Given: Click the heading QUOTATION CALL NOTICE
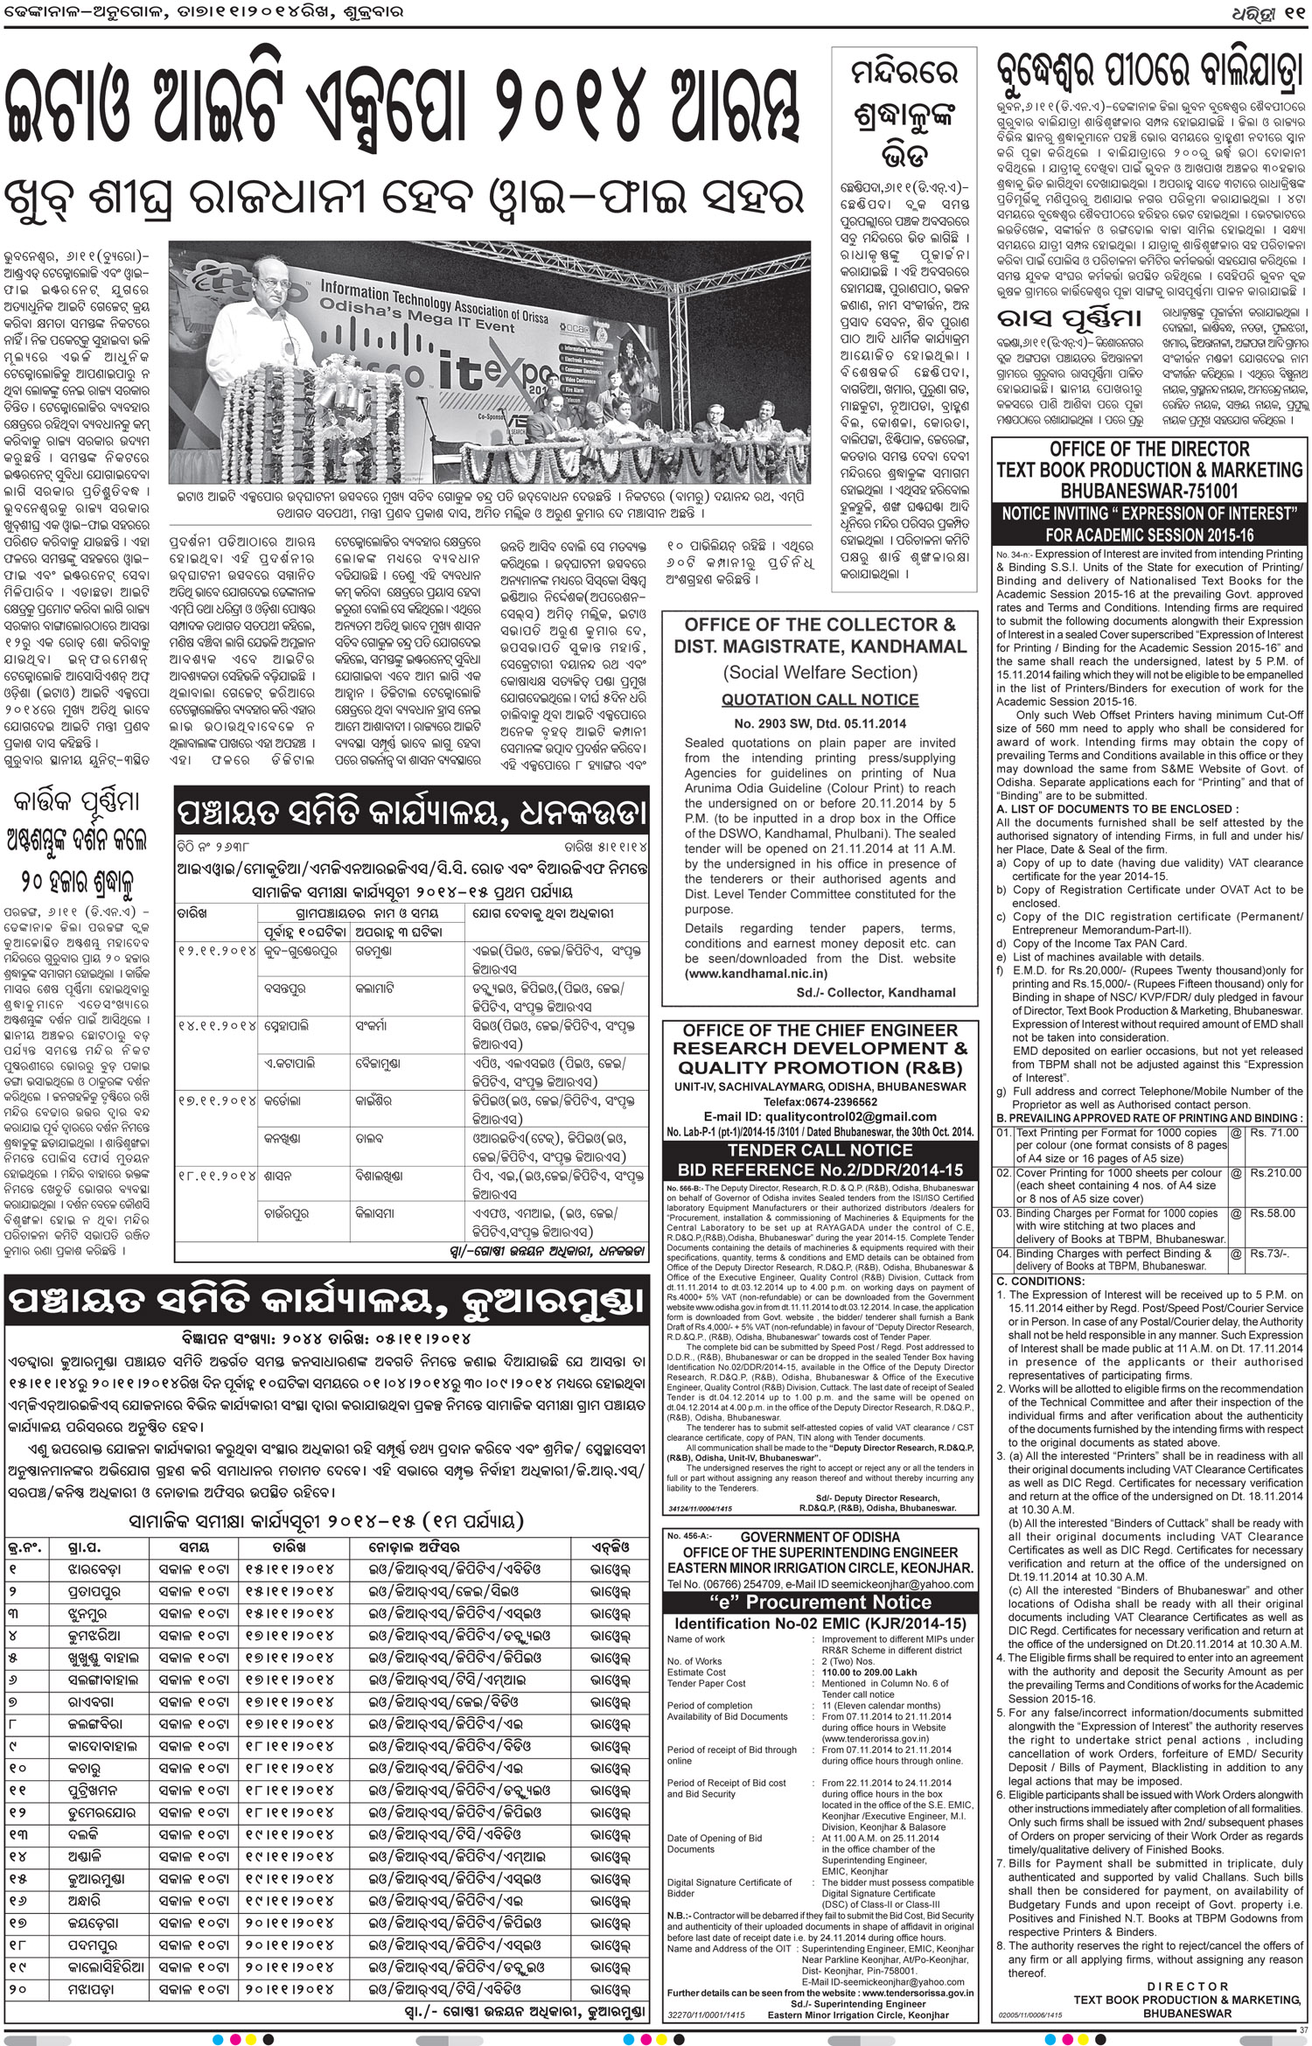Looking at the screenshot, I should coord(820,700).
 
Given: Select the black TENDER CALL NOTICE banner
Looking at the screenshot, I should coord(820,1150).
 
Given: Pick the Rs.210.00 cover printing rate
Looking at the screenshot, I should coord(1274,1173).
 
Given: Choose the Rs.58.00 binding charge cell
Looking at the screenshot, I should coord(1273,1213).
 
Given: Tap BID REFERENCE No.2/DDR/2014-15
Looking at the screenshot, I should coord(820,1170).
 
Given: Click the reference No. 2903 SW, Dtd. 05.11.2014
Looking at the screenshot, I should coord(820,723).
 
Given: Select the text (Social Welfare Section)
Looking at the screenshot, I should coord(820,672).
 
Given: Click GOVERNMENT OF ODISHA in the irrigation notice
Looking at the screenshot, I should coord(820,1537).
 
